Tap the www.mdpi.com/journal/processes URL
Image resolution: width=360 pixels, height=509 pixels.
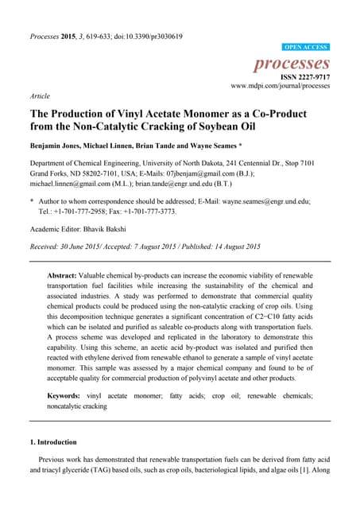click(280, 86)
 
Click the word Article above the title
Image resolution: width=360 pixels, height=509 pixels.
click(39, 96)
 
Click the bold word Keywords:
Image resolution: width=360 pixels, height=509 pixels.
click(69, 395)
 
